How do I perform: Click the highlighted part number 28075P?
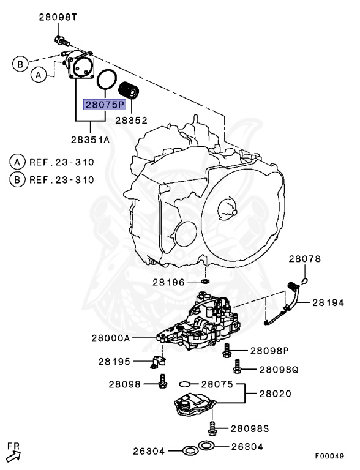pos(103,105)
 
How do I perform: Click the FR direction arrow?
pos(14,453)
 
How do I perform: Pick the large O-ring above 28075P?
pos(107,81)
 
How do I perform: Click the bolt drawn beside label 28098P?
pos(226,349)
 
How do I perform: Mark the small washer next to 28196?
pos(204,282)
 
